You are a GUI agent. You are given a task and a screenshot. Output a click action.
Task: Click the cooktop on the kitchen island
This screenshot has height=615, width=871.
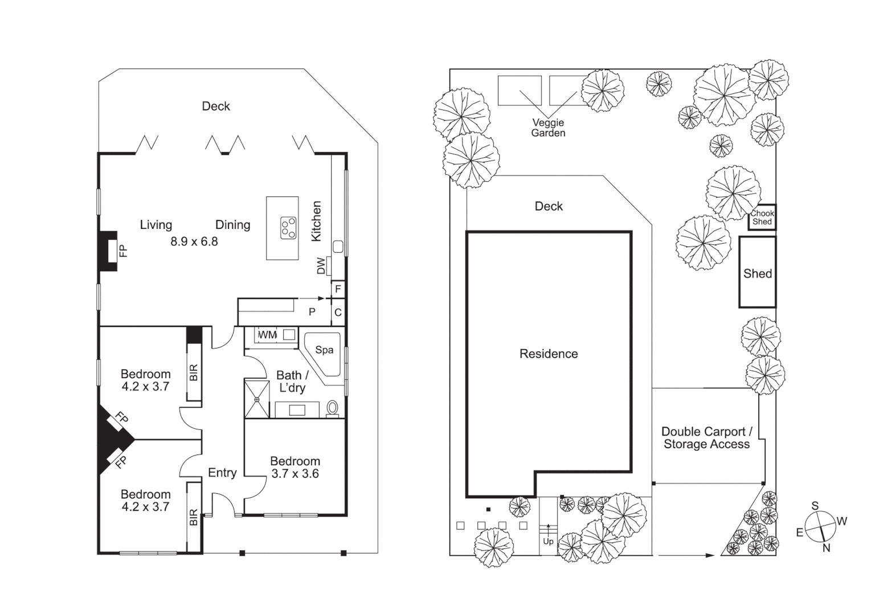click(288, 228)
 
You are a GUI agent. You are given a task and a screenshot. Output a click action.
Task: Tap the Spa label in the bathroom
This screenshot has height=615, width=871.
click(324, 350)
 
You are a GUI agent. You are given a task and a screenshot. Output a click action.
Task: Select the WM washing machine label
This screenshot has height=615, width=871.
click(267, 335)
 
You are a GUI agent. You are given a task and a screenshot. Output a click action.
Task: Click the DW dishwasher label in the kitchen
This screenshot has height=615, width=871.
click(321, 266)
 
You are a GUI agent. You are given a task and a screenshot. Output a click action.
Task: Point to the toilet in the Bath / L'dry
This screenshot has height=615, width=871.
click(333, 408)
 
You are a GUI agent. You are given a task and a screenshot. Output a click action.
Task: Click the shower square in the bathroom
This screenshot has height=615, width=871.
click(257, 399)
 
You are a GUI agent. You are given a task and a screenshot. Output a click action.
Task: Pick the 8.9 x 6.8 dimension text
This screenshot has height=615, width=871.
click(194, 241)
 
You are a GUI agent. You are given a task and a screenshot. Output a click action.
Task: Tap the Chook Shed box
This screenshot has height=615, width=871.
click(762, 218)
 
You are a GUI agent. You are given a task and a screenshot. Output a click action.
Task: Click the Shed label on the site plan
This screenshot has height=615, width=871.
click(757, 273)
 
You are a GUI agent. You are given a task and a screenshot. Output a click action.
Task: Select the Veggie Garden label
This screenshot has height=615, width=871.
click(548, 128)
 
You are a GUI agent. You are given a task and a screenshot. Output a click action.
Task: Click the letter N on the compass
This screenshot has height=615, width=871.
click(826, 548)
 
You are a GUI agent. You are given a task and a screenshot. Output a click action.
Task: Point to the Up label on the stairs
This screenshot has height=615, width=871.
click(548, 541)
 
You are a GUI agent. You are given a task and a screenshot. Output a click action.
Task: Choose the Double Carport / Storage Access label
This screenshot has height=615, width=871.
click(706, 438)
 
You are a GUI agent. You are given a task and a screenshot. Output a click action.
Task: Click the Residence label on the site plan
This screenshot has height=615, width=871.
click(549, 354)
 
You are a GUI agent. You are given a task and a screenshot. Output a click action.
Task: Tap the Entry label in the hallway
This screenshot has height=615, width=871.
click(222, 473)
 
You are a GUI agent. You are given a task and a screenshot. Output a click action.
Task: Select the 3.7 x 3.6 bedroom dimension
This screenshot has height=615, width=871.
click(295, 474)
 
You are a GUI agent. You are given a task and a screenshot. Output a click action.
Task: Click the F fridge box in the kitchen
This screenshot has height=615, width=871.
click(338, 289)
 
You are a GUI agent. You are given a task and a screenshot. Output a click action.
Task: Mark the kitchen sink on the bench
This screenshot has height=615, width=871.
click(338, 247)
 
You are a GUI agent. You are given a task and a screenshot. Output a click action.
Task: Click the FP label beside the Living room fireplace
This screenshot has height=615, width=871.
click(123, 251)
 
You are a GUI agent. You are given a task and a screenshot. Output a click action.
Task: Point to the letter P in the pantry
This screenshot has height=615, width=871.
click(312, 312)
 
